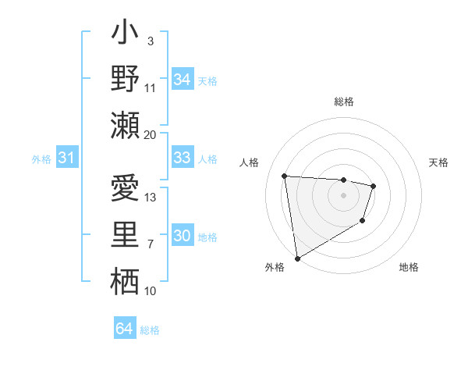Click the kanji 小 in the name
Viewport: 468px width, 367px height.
pos(125,36)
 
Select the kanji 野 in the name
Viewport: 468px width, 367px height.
pos(125,80)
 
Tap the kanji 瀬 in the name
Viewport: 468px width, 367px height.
pos(125,125)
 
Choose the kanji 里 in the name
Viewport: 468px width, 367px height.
pos(125,236)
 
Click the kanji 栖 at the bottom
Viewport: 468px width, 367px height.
pos(125,281)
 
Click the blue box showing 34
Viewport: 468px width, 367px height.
pos(182,80)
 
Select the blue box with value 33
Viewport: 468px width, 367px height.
pos(182,158)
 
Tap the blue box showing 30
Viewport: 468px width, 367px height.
pos(182,236)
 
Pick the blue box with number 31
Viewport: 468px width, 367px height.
pos(66,158)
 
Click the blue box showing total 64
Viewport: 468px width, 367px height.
pos(124,329)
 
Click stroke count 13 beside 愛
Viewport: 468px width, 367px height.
pos(151,198)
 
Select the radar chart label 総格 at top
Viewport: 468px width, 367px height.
pos(343,102)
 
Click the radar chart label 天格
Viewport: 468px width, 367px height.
pos(438,162)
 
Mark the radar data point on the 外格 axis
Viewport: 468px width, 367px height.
pos(297,258)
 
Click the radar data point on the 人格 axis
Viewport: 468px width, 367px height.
pos(285,176)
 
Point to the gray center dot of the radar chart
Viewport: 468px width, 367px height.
pos(343,195)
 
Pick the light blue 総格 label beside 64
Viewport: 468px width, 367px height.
pos(150,330)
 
